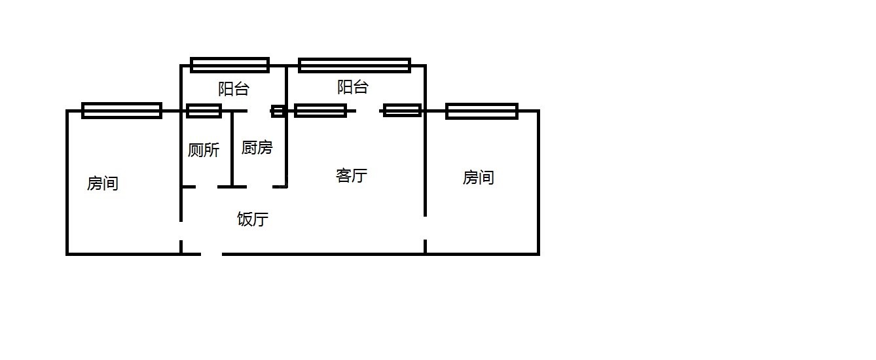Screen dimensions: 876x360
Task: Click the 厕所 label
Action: pyautogui.click(x=204, y=150)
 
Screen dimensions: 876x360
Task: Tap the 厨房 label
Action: pyautogui.click(x=257, y=148)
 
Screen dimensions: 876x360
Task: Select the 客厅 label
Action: pyautogui.click(x=351, y=175)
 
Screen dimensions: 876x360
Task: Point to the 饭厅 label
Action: pyautogui.click(x=253, y=219)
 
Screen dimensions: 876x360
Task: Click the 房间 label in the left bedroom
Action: pyautogui.click(x=102, y=183)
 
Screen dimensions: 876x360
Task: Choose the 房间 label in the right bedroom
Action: pyautogui.click(x=479, y=177)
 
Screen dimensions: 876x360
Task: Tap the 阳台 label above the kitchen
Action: pyautogui.click(x=234, y=89)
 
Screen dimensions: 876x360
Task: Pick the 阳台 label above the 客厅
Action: pyautogui.click(x=353, y=87)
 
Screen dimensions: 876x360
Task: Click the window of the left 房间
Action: pyautogui.click(x=122, y=111)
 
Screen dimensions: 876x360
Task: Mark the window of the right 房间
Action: pyautogui.click(x=482, y=111)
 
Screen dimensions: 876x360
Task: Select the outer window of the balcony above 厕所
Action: pyautogui.click(x=230, y=65)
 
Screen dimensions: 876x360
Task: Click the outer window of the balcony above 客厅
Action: pyautogui.click(x=354, y=65)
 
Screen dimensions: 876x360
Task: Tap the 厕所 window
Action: pyautogui.click(x=204, y=111)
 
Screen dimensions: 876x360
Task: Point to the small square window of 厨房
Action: pyautogui.click(x=278, y=111)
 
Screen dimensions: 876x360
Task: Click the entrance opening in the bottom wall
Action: pyautogui.click(x=211, y=254)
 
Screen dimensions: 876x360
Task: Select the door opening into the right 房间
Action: pyautogui.click(x=425, y=228)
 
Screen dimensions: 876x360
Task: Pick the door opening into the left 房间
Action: pyautogui.click(x=181, y=231)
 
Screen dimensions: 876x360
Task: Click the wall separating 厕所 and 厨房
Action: pyautogui.click(x=232, y=149)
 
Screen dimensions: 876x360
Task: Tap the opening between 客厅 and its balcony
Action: pyautogui.click(x=367, y=111)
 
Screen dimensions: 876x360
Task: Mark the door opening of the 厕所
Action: pyautogui.click(x=206, y=187)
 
